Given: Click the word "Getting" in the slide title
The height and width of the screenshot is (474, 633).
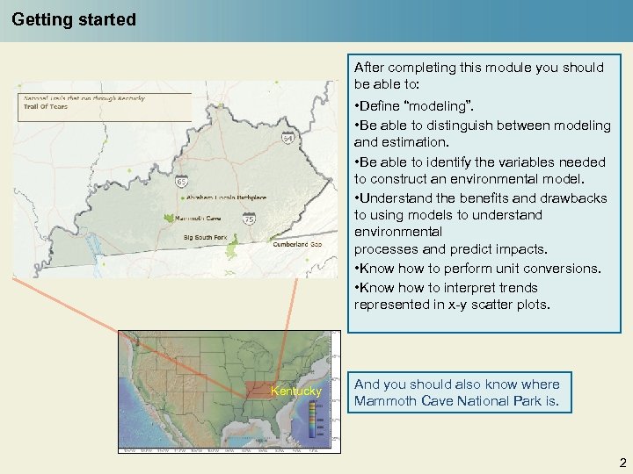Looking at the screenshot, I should [x=40, y=19].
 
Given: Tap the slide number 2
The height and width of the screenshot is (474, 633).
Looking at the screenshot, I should [x=622, y=463].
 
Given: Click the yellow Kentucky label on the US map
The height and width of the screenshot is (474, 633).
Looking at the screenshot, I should [x=296, y=391].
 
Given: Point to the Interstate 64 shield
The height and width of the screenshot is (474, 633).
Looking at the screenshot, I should [x=287, y=139].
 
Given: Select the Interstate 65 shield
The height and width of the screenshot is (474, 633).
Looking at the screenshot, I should [x=180, y=181].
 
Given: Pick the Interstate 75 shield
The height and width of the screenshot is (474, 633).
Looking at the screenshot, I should [x=250, y=219].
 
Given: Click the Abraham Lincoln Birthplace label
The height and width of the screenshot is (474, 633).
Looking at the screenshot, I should [x=224, y=197].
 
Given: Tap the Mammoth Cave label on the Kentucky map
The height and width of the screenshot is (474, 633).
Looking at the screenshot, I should [x=198, y=219].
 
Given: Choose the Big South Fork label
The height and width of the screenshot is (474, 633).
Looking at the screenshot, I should [x=205, y=237].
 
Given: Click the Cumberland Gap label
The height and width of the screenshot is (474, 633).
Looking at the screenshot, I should [x=298, y=244].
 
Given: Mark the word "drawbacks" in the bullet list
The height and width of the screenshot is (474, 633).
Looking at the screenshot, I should [x=575, y=197].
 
